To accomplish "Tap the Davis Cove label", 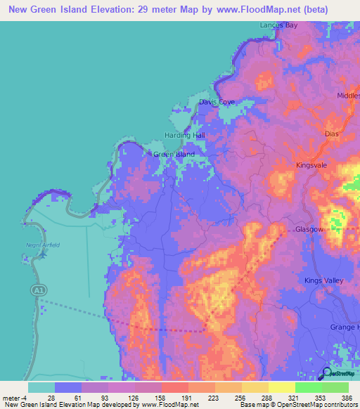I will tap(217, 102).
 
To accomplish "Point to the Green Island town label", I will tap(174, 154).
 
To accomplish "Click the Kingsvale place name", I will tap(312, 165).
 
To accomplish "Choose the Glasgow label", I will tap(309, 230).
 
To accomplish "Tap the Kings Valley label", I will tap(323, 280).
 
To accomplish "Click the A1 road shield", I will tap(36, 290).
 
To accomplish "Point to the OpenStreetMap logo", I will tap(340, 373).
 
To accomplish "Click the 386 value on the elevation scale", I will tap(345, 397).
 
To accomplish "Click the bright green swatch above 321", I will tap(307, 387).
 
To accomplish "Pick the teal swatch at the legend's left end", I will tap(41, 387).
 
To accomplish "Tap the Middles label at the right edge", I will tap(348, 95).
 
